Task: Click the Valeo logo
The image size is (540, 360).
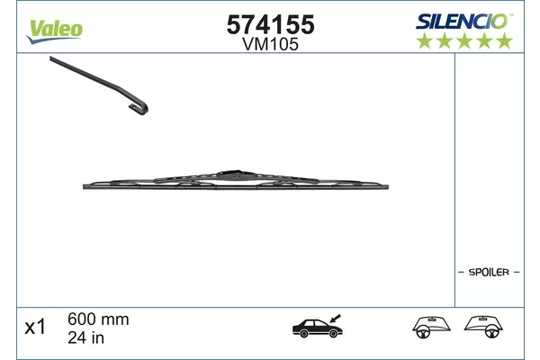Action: [54, 31]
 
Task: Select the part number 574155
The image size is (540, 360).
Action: [270, 25]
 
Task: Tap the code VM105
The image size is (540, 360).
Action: [270, 44]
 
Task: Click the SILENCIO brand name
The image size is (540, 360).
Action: [464, 22]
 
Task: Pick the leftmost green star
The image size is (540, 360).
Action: [424, 40]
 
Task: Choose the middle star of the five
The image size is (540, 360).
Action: [464, 40]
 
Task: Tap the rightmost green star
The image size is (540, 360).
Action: [505, 40]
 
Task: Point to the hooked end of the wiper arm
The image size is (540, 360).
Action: [139, 107]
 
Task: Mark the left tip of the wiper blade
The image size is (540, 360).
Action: [84, 186]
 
